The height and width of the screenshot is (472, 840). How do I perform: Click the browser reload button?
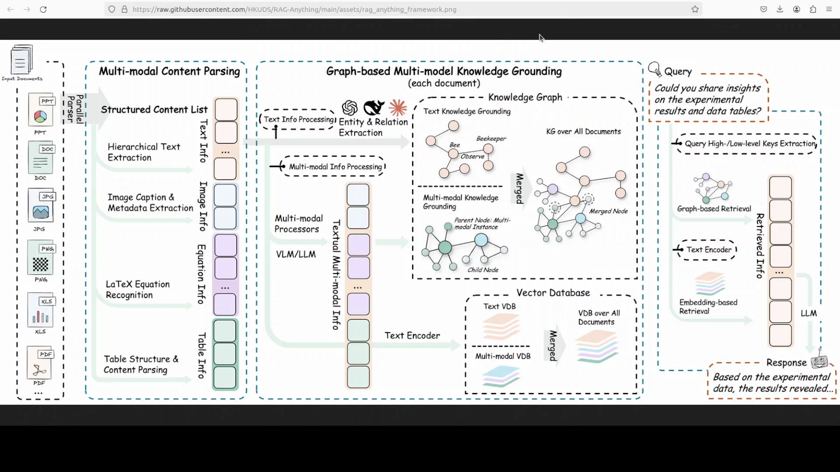[43, 9]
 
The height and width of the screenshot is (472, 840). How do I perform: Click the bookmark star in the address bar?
[695, 9]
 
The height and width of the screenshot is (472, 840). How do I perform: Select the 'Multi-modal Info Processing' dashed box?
[335, 167]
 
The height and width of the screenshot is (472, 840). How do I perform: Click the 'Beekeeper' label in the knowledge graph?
[491, 139]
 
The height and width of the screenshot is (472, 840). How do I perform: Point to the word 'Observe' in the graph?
[472, 156]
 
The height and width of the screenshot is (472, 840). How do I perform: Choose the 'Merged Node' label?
[608, 211]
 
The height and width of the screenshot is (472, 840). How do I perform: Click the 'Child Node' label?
[483, 270]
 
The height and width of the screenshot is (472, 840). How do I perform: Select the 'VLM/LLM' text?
[296, 254]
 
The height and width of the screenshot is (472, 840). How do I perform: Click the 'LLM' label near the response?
[808, 313]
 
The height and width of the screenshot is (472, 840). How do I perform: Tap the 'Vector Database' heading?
[553, 292]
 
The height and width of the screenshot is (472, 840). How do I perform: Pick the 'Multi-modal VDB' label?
[503, 356]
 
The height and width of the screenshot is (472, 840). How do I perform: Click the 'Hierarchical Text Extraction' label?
[143, 152]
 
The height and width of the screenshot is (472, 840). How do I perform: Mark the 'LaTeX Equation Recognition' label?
[137, 289]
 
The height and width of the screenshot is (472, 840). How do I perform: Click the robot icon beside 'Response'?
[819, 361]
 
